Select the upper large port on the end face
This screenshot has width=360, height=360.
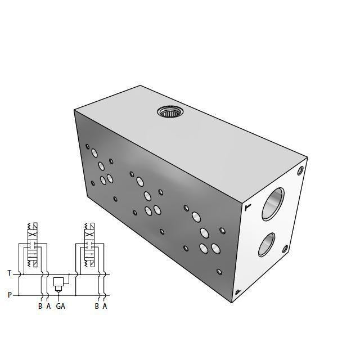(273, 204)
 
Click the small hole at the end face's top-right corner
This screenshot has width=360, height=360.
(301, 169)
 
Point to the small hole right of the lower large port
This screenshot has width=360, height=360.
(285, 249)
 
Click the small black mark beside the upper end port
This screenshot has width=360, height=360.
(247, 208)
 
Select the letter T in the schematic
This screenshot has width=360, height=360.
(10, 273)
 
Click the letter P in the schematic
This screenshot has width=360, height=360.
(10, 294)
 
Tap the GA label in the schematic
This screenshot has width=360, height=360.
(60, 307)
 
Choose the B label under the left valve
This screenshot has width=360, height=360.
(40, 307)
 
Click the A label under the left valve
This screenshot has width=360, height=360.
(48, 307)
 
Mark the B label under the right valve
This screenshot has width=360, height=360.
(97, 307)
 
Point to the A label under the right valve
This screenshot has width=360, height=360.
(105, 307)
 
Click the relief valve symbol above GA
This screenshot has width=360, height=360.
(58, 284)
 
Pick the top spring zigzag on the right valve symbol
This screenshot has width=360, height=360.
(89, 227)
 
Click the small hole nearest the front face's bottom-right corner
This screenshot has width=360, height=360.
(220, 272)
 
